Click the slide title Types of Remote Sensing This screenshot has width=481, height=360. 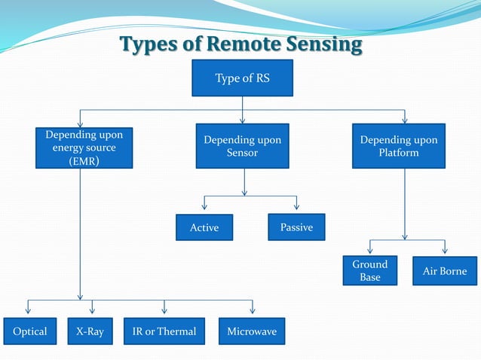coord(241,44)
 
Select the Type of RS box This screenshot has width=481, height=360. coord(242,78)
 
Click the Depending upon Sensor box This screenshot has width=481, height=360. coord(242,146)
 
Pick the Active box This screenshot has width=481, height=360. coord(204,227)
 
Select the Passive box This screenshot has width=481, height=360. coord(296,227)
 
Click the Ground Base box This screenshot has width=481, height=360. coord(369,271)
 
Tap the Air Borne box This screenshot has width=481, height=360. coord(445,271)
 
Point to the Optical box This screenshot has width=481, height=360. coord(29,331)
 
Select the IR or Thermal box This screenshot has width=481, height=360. coord(164,331)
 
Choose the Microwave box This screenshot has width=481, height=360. coord(252,331)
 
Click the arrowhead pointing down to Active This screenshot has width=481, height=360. coord(204,206)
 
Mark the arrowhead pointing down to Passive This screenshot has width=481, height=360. coord(296,206)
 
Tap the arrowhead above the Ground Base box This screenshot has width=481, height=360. coord(369,249)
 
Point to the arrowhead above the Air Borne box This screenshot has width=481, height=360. coord(445,249)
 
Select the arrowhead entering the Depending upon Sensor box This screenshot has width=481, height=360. coord(242,119)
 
